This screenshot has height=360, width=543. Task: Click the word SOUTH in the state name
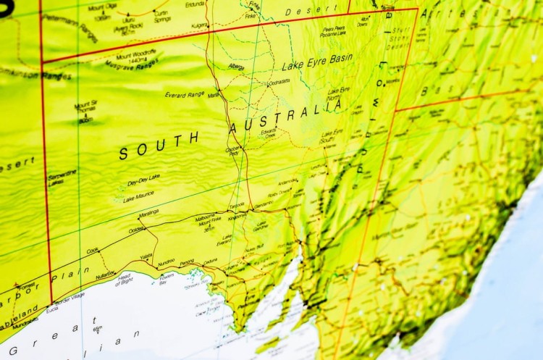[x=159, y=146]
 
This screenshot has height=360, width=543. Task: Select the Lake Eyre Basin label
[x=317, y=63]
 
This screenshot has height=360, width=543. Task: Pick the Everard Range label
[x=185, y=94]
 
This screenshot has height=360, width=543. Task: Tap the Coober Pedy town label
[x=233, y=151]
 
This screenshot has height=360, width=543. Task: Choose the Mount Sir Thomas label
[x=85, y=108]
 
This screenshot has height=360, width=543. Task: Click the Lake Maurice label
[x=138, y=196]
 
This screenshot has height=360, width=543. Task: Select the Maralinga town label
[x=148, y=213]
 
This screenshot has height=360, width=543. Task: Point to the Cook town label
[x=92, y=251]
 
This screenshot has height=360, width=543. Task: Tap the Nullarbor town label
[x=105, y=275]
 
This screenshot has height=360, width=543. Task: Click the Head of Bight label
[x=124, y=279]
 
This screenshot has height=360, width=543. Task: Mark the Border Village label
[x=69, y=297]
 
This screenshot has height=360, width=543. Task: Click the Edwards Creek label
[x=269, y=134]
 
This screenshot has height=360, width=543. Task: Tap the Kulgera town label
[x=199, y=25]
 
